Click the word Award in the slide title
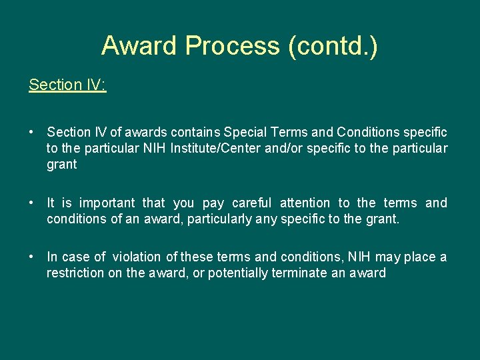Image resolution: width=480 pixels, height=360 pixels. (140, 46)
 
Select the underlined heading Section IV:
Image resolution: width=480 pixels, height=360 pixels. (67, 85)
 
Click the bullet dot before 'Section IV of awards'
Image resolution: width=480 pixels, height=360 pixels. (33, 133)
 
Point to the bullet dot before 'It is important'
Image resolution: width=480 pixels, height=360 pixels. (33, 203)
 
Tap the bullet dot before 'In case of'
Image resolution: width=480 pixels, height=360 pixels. (33, 257)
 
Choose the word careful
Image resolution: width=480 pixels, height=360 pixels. (252, 203)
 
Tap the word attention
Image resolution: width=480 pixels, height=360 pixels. (305, 203)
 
